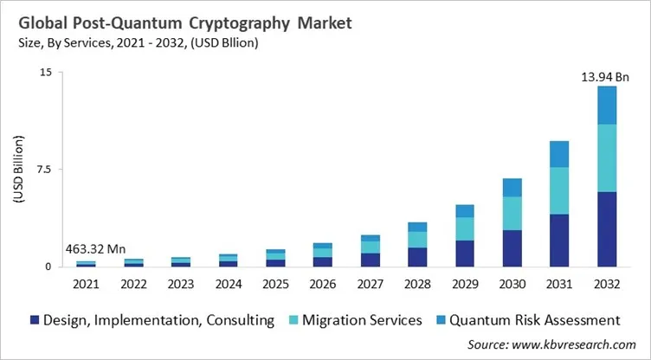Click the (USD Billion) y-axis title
[x=19, y=170]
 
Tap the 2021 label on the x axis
[x=87, y=284]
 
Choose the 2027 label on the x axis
[x=370, y=284]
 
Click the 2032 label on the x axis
[x=606, y=284]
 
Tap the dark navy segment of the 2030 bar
[x=512, y=248]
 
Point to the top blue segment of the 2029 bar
[x=464, y=211]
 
